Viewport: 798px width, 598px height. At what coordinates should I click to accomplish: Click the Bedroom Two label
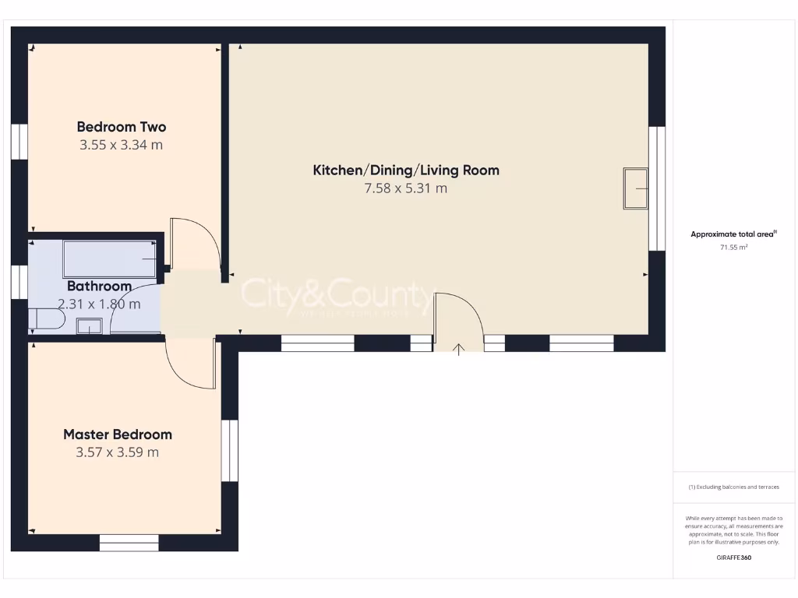[121, 127]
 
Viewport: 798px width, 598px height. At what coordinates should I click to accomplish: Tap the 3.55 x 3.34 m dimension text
[121, 145]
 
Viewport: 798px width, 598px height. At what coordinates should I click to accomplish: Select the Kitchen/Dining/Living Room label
[405, 170]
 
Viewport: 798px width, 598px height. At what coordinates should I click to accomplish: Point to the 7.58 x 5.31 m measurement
[405, 188]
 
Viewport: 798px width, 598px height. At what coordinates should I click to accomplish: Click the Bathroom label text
[99, 287]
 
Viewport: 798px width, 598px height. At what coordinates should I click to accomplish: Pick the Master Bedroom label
[118, 434]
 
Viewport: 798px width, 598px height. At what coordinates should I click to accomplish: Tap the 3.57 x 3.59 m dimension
[118, 452]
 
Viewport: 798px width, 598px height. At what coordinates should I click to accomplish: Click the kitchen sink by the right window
[635, 188]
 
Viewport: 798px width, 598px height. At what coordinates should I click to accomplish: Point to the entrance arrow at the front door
[459, 349]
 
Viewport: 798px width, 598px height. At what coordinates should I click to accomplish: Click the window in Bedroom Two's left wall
[19, 142]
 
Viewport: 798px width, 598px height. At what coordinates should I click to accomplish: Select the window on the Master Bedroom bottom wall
[129, 543]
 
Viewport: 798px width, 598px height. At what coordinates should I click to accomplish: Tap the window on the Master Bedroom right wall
[229, 451]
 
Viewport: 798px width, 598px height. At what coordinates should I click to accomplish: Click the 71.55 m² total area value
[733, 247]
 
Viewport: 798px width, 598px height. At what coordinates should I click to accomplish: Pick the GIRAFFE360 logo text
[734, 558]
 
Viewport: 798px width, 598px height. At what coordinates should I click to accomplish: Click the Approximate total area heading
[733, 234]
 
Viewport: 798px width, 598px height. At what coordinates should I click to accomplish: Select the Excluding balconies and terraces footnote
[733, 487]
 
